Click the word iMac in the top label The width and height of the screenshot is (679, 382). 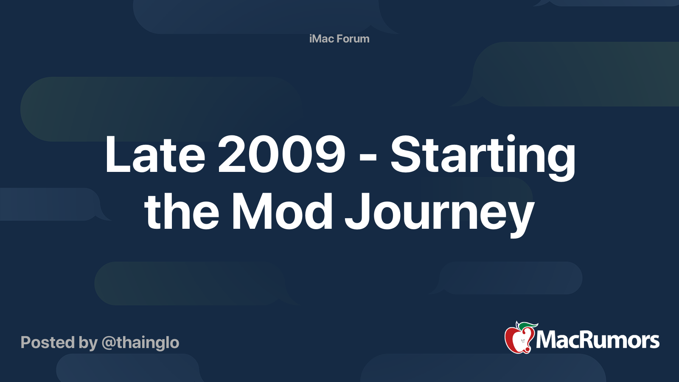322,39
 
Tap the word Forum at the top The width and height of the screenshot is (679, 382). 353,39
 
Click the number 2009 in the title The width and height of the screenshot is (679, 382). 282,154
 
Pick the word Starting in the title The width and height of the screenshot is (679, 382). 483,157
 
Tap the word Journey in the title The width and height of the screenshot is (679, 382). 440,215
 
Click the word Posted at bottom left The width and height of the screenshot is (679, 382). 48,342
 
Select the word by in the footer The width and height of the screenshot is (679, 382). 88,344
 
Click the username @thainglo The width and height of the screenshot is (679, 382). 140,343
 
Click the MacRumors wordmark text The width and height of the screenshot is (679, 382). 598,340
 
